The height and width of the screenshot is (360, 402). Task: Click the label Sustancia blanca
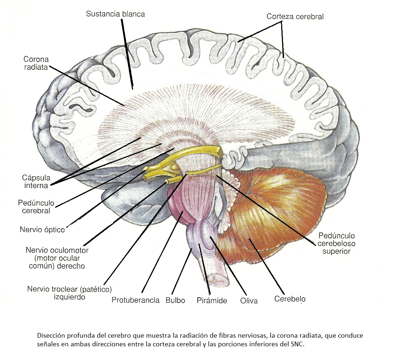point(115,14)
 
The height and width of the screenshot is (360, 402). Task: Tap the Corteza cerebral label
point(295,17)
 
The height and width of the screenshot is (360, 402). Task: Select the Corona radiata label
point(36,63)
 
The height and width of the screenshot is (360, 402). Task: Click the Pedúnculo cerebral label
point(34,207)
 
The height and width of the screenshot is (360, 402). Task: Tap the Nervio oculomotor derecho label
point(57,258)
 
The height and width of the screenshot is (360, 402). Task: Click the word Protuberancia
point(135,300)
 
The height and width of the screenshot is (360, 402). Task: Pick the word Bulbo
point(175,300)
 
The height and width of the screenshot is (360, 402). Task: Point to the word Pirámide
point(212,300)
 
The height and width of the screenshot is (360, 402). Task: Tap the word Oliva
point(249,300)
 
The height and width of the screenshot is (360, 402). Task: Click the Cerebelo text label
point(290,299)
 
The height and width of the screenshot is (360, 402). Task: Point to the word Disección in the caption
point(49,336)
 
